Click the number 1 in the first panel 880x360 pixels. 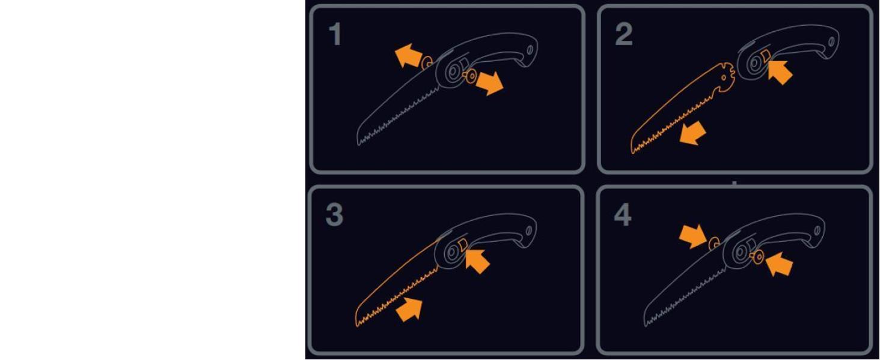pos(335,34)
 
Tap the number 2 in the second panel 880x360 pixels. pos(623,34)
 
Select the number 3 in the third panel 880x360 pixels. pos(334,215)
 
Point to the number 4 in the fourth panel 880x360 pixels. pos(623,215)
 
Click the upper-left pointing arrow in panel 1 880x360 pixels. pos(409,56)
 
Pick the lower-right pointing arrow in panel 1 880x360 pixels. pos(489,83)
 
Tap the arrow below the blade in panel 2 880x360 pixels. pos(692,133)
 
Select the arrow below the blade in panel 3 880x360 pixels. pos(409,310)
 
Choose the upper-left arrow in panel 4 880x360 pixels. pos(693,236)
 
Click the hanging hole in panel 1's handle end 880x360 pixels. pos(530,50)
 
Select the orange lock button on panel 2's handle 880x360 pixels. pos(765,56)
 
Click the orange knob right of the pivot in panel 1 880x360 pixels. pos(470,76)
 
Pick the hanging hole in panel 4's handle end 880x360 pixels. pos(817,230)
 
